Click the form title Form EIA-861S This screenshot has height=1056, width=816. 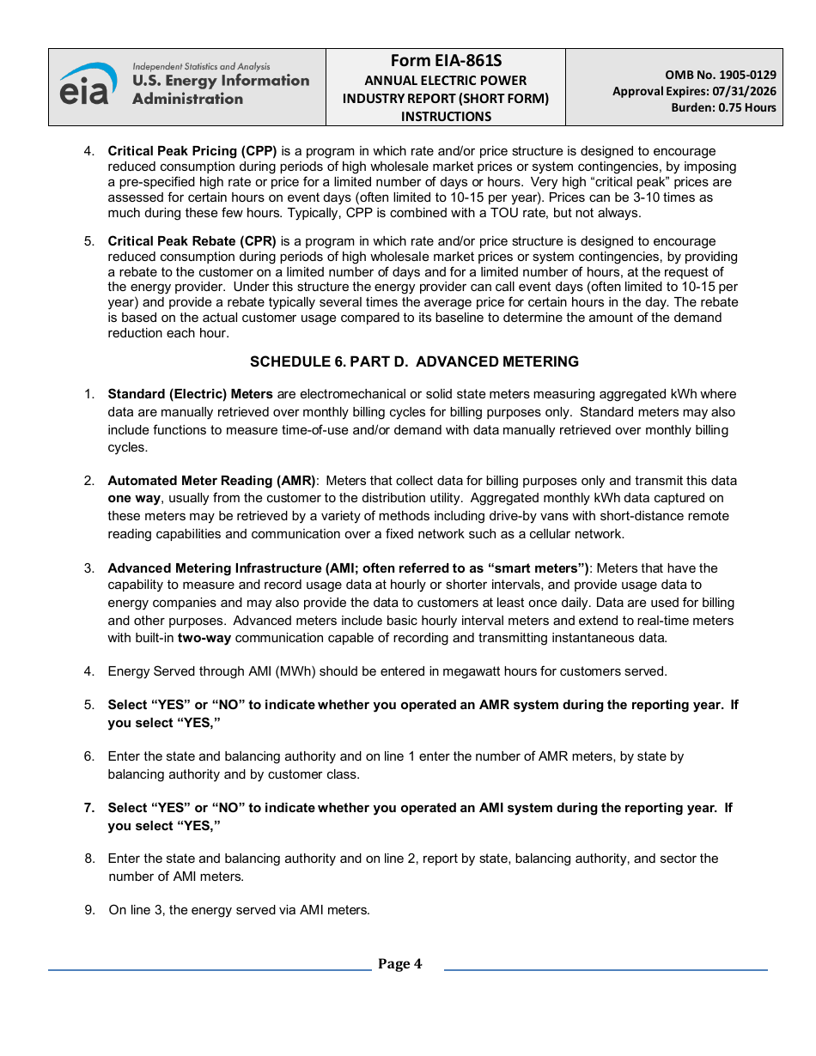[x=446, y=61]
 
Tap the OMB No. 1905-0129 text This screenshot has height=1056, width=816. [x=720, y=75]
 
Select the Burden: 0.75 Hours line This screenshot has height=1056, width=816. [x=723, y=107]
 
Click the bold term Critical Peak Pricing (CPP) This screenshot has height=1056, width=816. [x=192, y=151]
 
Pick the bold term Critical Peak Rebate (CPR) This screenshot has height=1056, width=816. [x=192, y=242]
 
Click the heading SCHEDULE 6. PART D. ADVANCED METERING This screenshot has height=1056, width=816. [x=414, y=361]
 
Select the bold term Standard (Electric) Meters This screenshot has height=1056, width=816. [x=190, y=394]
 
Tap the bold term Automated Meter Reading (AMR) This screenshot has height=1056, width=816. [x=211, y=481]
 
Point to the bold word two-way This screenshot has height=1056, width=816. [x=204, y=638]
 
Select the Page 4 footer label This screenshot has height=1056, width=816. [x=399, y=964]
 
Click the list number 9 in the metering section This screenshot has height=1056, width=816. [x=89, y=910]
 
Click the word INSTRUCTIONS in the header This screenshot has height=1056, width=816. [x=446, y=116]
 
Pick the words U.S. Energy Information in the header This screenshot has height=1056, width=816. [x=221, y=81]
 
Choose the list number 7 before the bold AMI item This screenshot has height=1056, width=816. [x=89, y=808]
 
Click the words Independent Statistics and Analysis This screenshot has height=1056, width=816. [x=201, y=66]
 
